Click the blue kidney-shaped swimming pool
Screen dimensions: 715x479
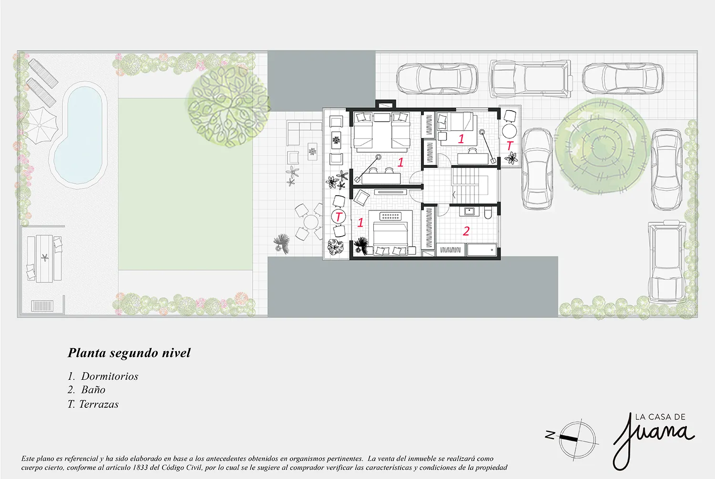(x=80, y=134)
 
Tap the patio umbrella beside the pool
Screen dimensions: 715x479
(x=39, y=125)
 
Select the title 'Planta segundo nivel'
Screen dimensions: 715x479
(x=129, y=353)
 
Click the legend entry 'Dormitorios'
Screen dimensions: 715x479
(x=110, y=376)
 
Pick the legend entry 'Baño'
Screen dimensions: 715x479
(x=93, y=390)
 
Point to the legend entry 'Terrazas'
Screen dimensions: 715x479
(x=99, y=404)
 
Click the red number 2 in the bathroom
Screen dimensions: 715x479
(x=466, y=231)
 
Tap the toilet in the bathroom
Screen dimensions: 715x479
(x=488, y=213)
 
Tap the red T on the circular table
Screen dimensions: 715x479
(x=338, y=217)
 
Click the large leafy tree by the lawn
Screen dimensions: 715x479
(x=228, y=109)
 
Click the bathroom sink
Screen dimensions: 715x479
(x=469, y=211)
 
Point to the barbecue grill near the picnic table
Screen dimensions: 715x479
(x=42, y=306)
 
